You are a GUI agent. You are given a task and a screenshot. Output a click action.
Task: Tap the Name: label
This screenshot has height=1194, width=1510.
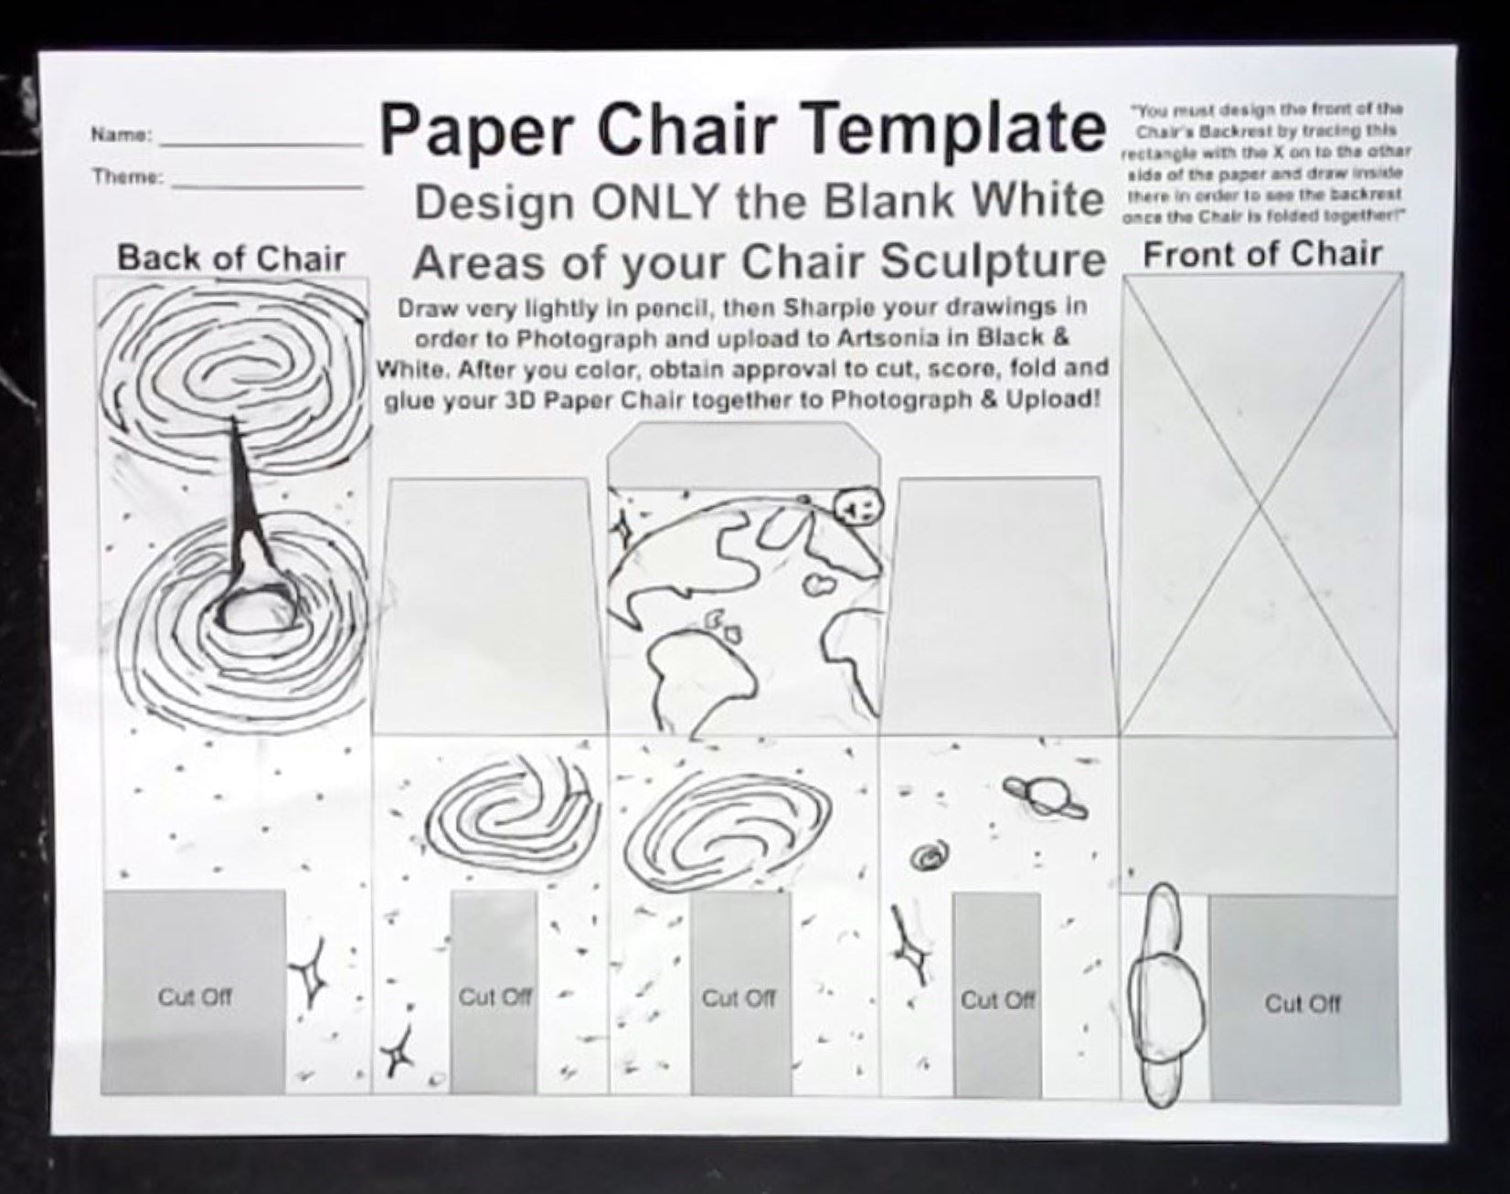pyautogui.click(x=120, y=135)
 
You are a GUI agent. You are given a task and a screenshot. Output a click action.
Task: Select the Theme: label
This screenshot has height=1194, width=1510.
pyautogui.click(x=127, y=176)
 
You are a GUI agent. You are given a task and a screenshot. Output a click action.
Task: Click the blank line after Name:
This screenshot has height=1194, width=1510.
pyautogui.click(x=261, y=144)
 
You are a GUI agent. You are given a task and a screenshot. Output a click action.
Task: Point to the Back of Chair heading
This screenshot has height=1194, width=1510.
pyautogui.click(x=231, y=259)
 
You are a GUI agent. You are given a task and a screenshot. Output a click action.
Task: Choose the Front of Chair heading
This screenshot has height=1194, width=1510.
pyautogui.click(x=1262, y=254)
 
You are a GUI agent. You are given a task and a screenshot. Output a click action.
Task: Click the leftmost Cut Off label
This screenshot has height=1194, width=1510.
pyautogui.click(x=195, y=997)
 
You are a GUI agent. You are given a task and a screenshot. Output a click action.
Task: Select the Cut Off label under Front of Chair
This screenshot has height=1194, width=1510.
pyautogui.click(x=1303, y=1004)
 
